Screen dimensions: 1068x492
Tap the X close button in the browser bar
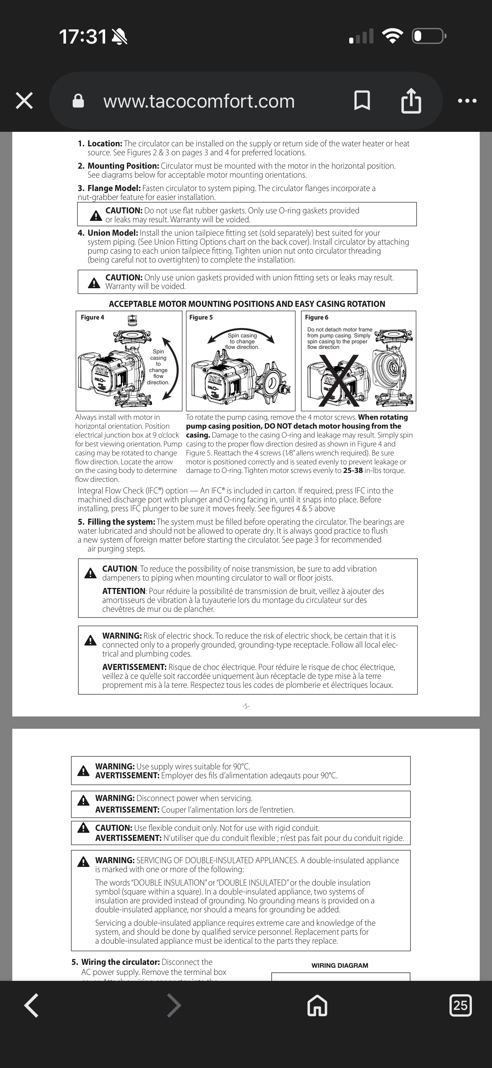[x=24, y=101]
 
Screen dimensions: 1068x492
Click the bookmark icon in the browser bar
[x=362, y=101]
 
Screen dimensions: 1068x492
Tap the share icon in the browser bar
[x=411, y=101]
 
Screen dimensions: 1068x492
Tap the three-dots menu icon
[x=467, y=101]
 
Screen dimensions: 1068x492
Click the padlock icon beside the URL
[x=78, y=101]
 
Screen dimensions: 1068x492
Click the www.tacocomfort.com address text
[x=199, y=101]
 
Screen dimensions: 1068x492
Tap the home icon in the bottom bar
[x=317, y=1005]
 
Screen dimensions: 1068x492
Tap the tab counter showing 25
[x=460, y=1005]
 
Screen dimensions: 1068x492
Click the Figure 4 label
[x=92, y=318]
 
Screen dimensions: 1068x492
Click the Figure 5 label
[x=201, y=318]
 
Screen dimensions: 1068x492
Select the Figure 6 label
[x=316, y=318]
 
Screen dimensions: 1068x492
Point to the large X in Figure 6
[x=339, y=380]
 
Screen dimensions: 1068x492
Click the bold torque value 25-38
[x=353, y=471]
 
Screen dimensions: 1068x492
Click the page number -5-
[x=246, y=706]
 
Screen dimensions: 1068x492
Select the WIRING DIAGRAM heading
[x=340, y=966]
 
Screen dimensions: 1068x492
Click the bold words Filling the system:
[x=121, y=522]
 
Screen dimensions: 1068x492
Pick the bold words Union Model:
[x=113, y=233]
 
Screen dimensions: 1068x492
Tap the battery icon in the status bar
[x=429, y=36]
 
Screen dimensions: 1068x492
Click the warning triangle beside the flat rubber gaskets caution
[x=96, y=216]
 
